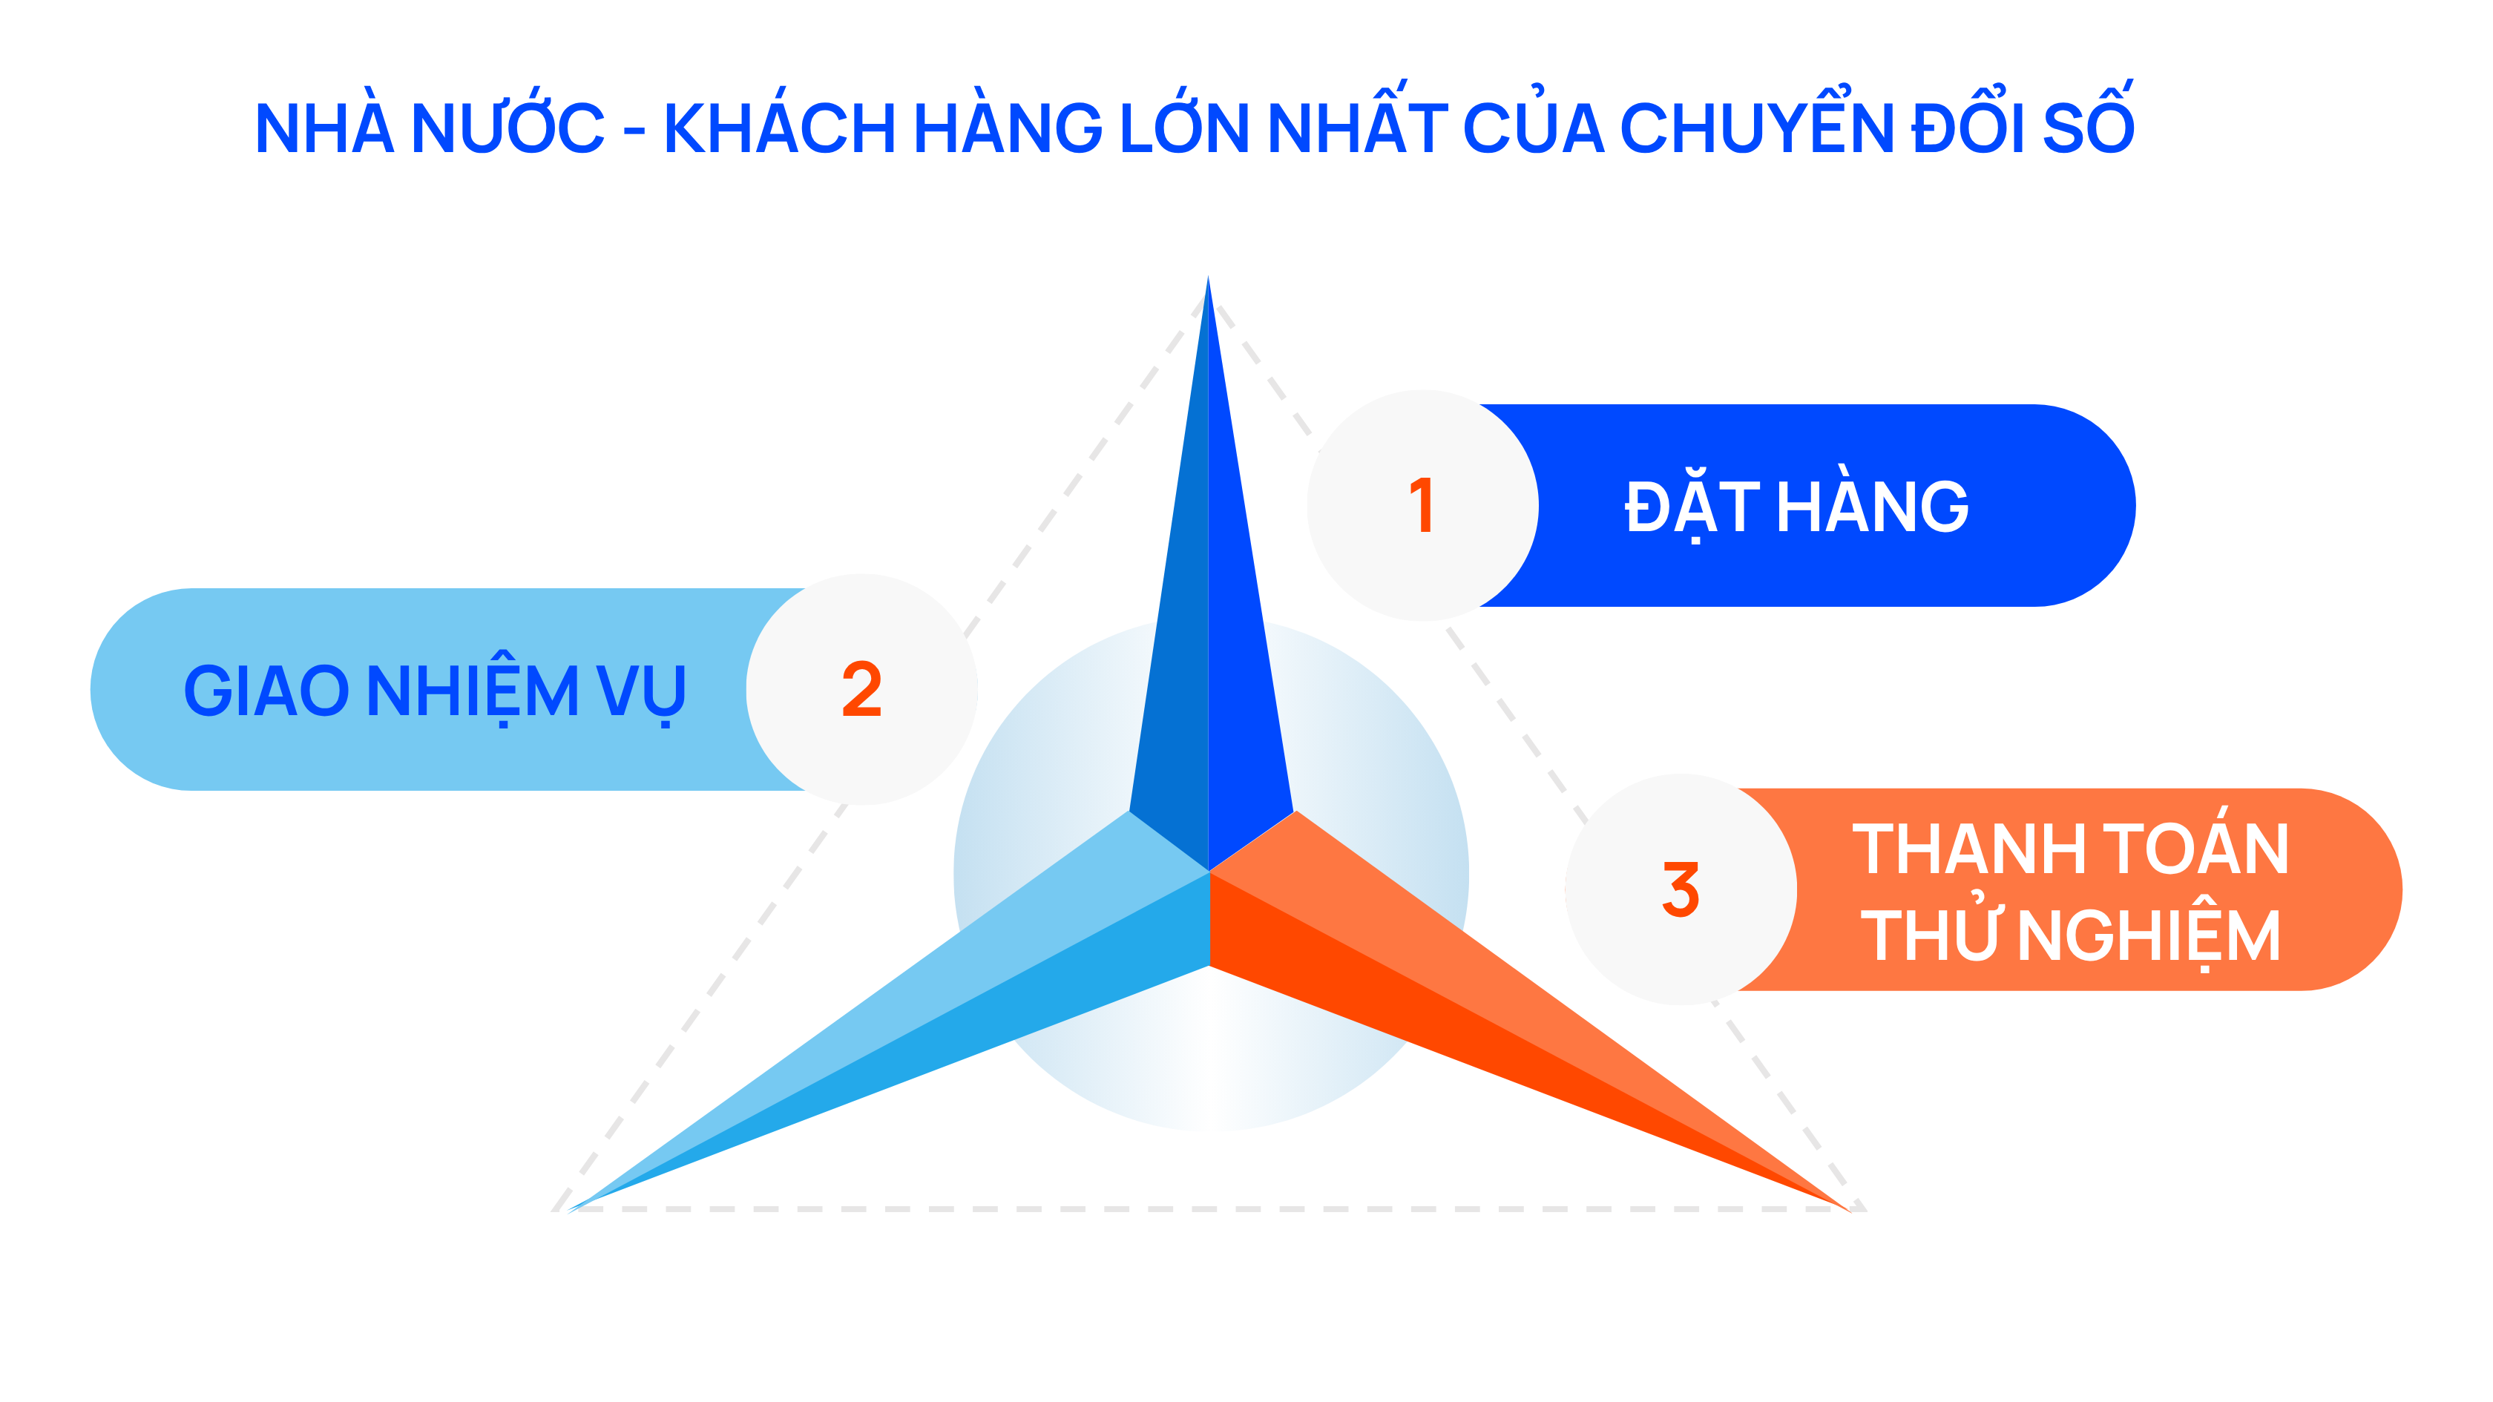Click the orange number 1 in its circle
1421,505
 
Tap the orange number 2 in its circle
861,689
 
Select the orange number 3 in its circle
1681,889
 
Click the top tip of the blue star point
1208,277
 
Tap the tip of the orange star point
1850,1211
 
